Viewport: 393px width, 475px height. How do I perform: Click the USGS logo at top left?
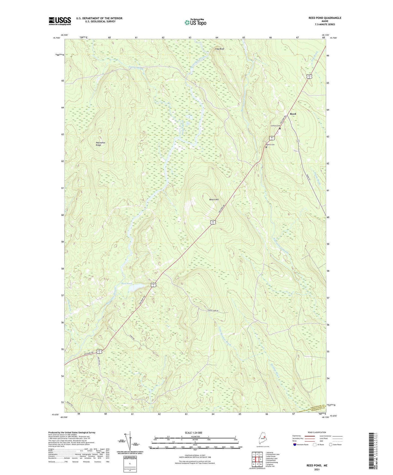pos(60,21)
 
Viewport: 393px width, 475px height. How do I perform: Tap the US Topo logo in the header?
pos(195,22)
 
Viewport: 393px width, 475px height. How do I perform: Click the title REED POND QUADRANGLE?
pos(325,18)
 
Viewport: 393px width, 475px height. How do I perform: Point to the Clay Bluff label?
pos(219,49)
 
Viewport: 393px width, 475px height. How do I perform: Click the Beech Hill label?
pos(214,199)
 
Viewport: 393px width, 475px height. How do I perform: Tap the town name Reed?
pos(293,114)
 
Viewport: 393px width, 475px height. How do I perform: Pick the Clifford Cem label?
pos(274,126)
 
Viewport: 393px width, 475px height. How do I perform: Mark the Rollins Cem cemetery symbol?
pos(266,147)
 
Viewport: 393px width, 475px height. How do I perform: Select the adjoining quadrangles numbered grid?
pos(257,459)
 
